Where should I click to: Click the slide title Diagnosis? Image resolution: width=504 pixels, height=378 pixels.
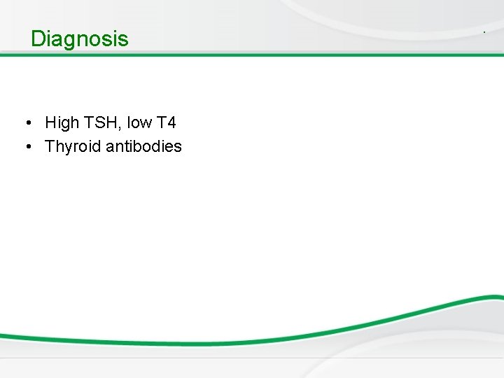(80, 38)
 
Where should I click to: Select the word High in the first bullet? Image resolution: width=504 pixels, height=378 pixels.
(62, 123)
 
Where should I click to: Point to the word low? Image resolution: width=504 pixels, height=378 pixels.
(139, 123)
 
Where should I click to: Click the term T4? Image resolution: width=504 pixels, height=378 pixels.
(167, 123)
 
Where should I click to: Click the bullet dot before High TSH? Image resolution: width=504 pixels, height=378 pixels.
(26, 124)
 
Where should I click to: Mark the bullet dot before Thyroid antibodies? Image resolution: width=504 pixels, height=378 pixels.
(26, 147)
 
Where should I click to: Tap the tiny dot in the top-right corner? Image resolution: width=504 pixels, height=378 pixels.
(484, 33)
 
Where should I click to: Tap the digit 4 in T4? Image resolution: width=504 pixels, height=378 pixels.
(171, 123)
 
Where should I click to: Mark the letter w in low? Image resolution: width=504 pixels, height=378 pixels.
(145, 124)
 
